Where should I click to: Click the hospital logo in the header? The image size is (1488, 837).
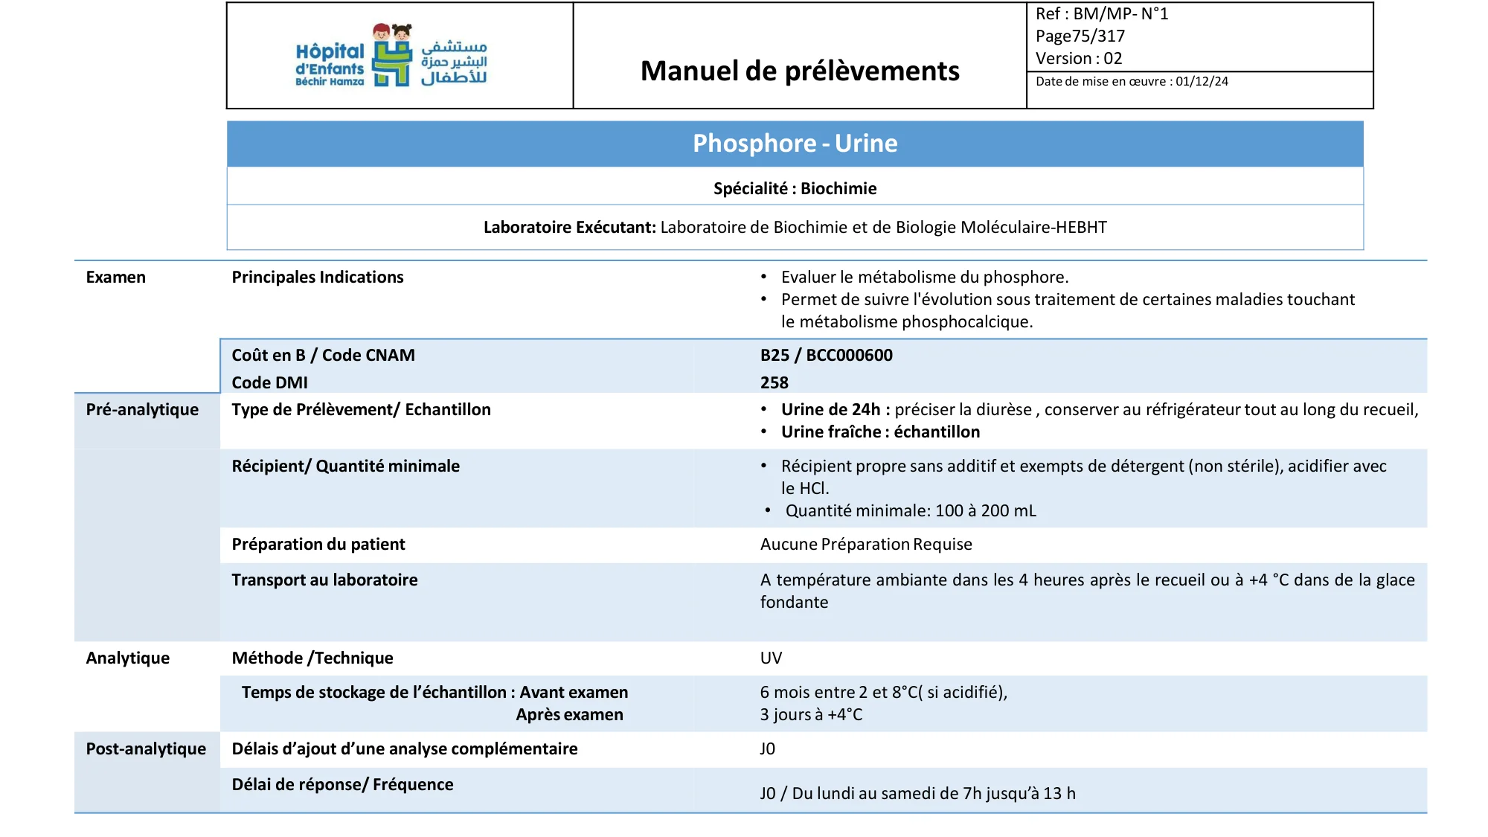point(391,56)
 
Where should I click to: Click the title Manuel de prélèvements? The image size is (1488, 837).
point(800,71)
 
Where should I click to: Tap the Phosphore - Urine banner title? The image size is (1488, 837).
point(795,144)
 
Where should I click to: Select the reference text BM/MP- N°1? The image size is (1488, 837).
point(1120,14)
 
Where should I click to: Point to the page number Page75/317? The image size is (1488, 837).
point(1080,36)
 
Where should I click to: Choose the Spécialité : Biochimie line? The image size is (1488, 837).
point(795,189)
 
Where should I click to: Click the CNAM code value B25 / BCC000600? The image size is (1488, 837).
point(826,356)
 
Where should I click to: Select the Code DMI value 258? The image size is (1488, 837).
point(774,383)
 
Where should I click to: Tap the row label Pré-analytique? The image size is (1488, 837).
point(142,410)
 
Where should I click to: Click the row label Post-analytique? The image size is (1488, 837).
point(146,749)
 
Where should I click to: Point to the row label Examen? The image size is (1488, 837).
point(116,278)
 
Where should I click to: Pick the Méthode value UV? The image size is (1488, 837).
point(771,658)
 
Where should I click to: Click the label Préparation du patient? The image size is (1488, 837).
point(318,545)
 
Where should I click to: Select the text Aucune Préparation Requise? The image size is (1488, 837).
point(866,545)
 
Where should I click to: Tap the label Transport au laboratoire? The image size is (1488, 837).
point(324,580)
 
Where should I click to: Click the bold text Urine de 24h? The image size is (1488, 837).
point(830,410)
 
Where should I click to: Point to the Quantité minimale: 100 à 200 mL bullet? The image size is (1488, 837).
point(910,511)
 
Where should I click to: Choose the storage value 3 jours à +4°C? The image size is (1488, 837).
point(811,715)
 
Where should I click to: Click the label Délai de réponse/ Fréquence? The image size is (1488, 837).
point(342,785)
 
